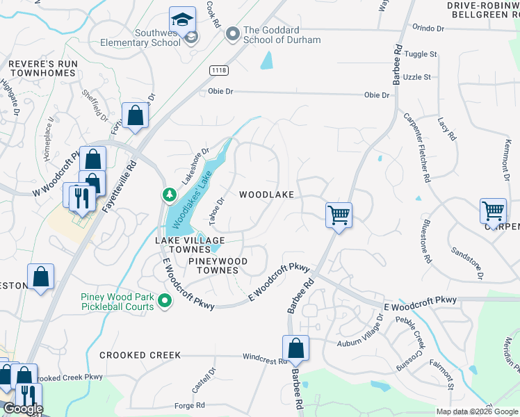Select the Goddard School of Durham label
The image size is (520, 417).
click(282, 35)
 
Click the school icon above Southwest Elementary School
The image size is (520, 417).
click(183, 19)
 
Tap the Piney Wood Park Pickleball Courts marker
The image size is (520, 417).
click(165, 300)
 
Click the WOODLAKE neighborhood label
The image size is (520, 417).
click(266, 195)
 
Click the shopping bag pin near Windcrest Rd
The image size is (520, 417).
click(295, 349)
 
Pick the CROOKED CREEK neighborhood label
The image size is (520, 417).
click(140, 355)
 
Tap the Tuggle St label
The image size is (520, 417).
click(422, 54)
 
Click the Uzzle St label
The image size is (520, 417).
click(418, 76)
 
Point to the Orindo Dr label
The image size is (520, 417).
click(428, 28)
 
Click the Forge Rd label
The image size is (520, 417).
click(190, 405)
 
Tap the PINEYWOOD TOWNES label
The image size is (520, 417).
click(218, 265)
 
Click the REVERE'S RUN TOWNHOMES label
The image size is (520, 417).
click(43, 68)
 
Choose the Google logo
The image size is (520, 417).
click(22, 408)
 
